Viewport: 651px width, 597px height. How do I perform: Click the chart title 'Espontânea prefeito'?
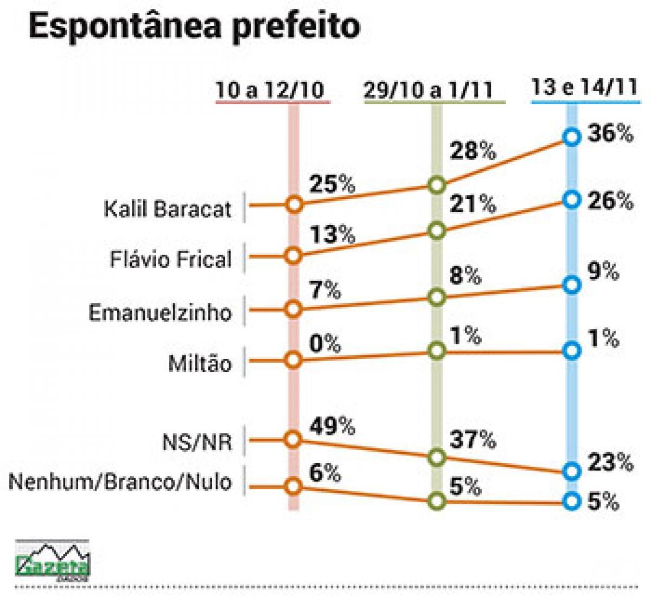click(x=194, y=27)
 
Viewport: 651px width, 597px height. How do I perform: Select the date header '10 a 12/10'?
click(x=272, y=90)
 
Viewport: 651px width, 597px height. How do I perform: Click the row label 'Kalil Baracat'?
click(x=168, y=209)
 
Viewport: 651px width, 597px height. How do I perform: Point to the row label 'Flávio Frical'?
click(x=171, y=259)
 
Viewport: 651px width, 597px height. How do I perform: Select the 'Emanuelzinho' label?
click(x=160, y=312)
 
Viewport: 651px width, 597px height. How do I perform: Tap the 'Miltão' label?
click(x=200, y=363)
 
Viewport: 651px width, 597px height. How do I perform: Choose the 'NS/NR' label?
click(x=197, y=442)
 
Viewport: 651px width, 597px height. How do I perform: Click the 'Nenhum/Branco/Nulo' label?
click(x=120, y=482)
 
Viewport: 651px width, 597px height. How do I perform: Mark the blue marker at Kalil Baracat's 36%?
click(x=571, y=137)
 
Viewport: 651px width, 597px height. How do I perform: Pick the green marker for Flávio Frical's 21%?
click(x=437, y=231)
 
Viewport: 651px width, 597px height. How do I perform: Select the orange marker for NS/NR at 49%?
click(x=293, y=439)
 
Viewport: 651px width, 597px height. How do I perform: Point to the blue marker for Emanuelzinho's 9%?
click(x=571, y=285)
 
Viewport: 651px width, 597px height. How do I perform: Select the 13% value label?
click(x=332, y=235)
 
